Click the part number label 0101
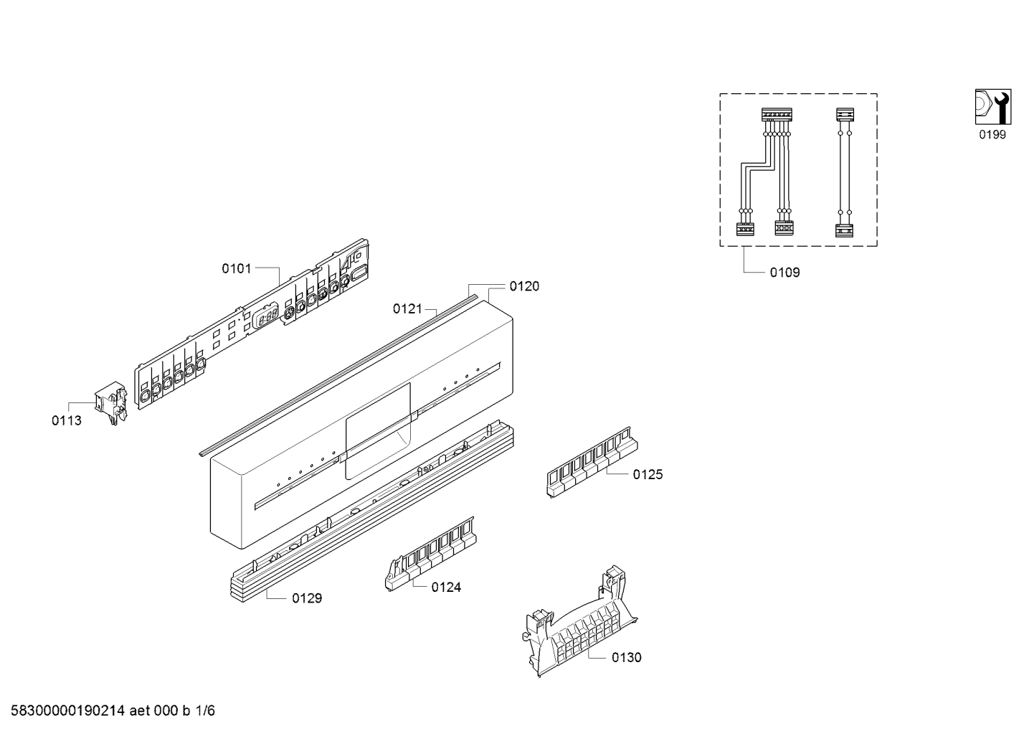pyautogui.click(x=237, y=268)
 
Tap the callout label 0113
pyautogui.click(x=67, y=420)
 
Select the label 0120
pyautogui.click(x=524, y=286)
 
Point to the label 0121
pyautogui.click(x=407, y=308)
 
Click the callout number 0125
pyautogui.click(x=648, y=474)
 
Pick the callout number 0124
pyautogui.click(x=447, y=587)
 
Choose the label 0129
pyautogui.click(x=307, y=598)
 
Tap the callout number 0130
pyautogui.click(x=627, y=657)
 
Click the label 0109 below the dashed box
pyautogui.click(x=784, y=273)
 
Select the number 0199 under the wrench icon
pyautogui.click(x=992, y=134)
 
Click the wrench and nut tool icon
pyautogui.click(x=993, y=107)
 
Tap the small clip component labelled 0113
pyautogui.click(x=110, y=402)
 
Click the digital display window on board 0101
pyautogui.click(x=265, y=316)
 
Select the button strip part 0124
pyautogui.click(x=430, y=554)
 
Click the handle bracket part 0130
pyautogui.click(x=580, y=621)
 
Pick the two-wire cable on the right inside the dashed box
pyautogui.click(x=845, y=172)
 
